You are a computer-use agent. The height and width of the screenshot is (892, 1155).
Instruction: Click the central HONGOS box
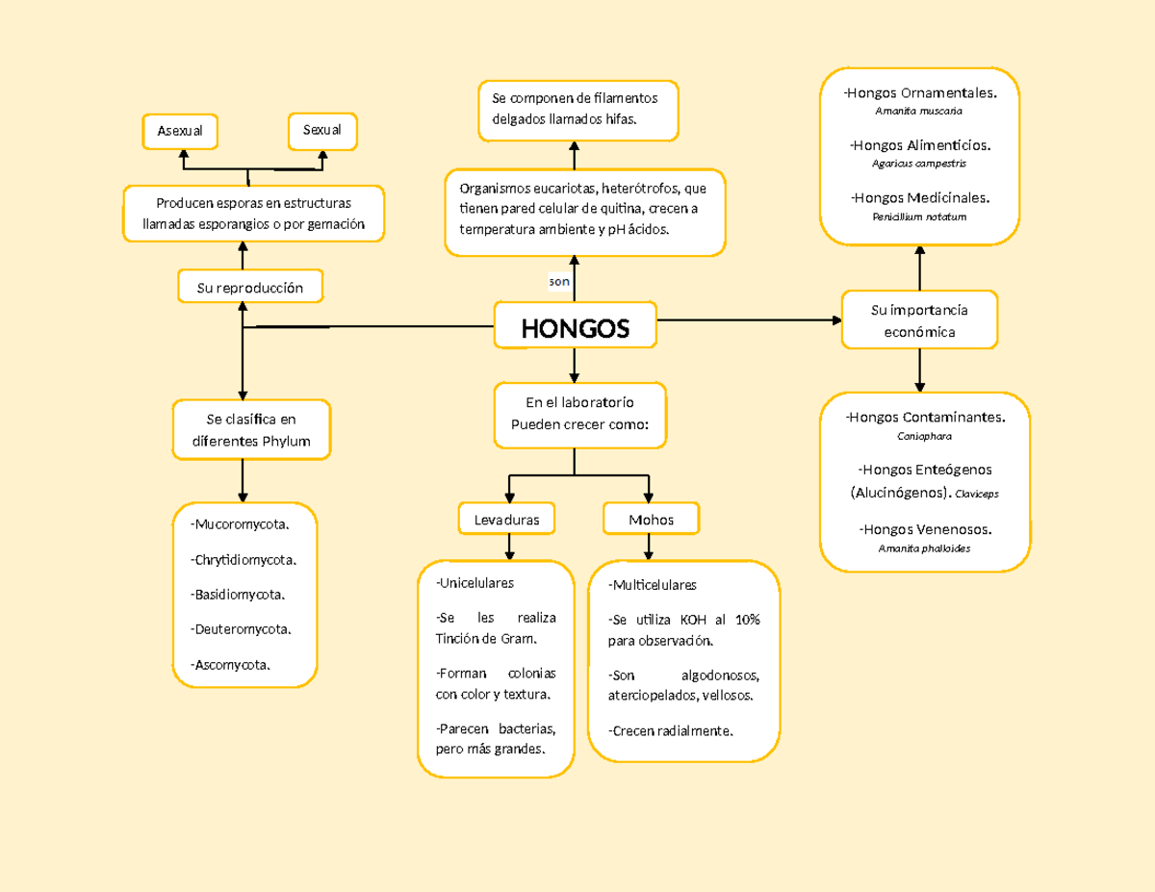pyautogui.click(x=575, y=328)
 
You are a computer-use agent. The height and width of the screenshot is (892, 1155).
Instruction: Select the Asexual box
pyautogui.click(x=181, y=130)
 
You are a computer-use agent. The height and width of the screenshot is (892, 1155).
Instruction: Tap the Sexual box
pyautogui.click(x=322, y=130)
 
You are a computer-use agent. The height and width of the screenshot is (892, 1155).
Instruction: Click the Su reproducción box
pyautogui.click(x=250, y=287)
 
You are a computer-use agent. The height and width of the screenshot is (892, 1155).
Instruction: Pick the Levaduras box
pyautogui.click(x=507, y=520)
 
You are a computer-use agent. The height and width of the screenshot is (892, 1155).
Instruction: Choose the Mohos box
pyautogui.click(x=651, y=520)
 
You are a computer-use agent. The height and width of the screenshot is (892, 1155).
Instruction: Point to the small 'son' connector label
pyautogui.click(x=559, y=281)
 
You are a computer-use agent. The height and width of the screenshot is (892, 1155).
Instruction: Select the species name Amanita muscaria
pyautogui.click(x=918, y=111)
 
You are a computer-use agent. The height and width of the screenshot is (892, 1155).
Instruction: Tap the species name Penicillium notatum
pyautogui.click(x=919, y=217)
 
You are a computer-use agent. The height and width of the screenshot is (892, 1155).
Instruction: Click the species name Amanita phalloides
pyautogui.click(x=924, y=548)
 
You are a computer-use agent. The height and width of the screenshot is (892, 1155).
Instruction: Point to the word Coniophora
pyautogui.click(x=924, y=436)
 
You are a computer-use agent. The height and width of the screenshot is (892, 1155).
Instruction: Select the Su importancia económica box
pyautogui.click(x=919, y=320)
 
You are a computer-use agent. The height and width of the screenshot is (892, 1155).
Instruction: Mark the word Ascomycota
pyautogui.click(x=232, y=665)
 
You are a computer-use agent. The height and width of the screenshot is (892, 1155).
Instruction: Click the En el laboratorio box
pyautogui.click(x=579, y=414)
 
